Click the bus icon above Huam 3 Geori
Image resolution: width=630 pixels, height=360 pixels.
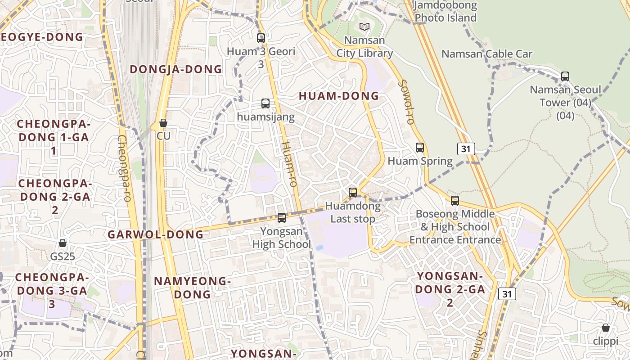[x=261, y=38]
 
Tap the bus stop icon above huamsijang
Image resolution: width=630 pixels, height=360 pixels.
[x=265, y=103]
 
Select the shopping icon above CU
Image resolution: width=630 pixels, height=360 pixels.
[x=163, y=123]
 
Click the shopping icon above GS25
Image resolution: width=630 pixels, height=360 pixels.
[x=63, y=243]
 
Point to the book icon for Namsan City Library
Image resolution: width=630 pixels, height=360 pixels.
[x=364, y=27]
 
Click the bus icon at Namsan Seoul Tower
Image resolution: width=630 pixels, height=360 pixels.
[x=565, y=76]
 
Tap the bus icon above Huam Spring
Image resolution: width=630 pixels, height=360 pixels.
[x=420, y=148]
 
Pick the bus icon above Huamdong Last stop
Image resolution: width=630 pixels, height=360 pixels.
[x=353, y=193]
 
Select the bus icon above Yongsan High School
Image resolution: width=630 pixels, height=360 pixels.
[x=282, y=218]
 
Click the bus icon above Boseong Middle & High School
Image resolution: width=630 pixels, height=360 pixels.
[x=455, y=201]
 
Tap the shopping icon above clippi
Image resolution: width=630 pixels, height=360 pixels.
[x=606, y=328]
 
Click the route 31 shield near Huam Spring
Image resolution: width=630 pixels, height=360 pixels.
[x=466, y=149]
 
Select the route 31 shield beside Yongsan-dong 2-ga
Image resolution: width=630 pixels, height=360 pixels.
[x=507, y=294]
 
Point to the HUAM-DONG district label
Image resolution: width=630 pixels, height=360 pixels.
[x=339, y=96]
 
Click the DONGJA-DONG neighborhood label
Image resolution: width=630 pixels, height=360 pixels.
[x=176, y=69]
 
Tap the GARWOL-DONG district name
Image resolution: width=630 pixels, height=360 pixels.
[x=155, y=234]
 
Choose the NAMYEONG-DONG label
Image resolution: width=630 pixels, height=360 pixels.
[x=192, y=288]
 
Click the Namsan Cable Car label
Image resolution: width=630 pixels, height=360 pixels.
[x=487, y=54]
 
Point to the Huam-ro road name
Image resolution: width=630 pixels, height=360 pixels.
[x=289, y=164]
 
